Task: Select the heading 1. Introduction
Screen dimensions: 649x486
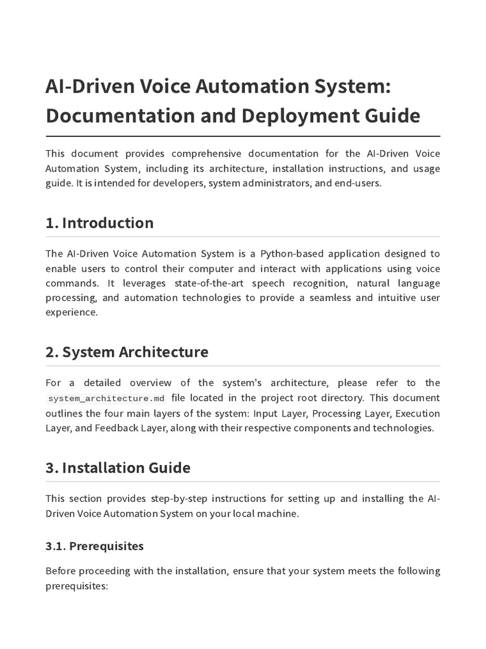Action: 99,223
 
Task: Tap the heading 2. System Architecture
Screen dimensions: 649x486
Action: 127,352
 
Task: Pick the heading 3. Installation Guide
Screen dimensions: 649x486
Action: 118,468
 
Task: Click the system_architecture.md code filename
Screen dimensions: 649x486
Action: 106,399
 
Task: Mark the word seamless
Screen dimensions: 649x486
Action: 329,298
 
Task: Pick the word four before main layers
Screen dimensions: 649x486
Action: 118,413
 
